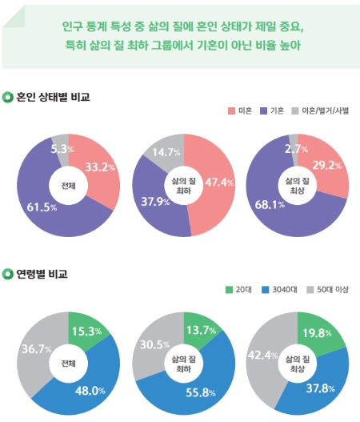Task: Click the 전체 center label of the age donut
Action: (x=69, y=363)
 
